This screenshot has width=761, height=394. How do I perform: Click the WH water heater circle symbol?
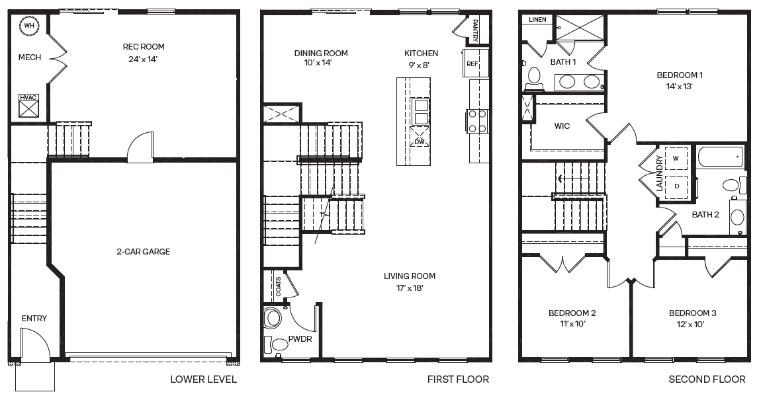(28, 26)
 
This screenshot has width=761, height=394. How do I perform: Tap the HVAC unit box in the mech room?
(28, 106)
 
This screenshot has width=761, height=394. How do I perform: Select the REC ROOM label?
(144, 47)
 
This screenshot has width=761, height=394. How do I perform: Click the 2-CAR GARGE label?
(143, 252)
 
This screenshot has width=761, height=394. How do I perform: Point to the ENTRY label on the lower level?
(34, 319)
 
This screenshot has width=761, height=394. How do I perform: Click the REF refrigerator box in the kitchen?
(472, 63)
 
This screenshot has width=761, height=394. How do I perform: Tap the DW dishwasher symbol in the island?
(420, 139)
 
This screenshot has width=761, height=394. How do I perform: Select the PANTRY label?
(474, 29)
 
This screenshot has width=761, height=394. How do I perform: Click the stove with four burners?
(478, 120)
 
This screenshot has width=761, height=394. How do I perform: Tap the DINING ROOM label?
(321, 54)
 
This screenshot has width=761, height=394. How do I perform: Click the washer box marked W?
(676, 159)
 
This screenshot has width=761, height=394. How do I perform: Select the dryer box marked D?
(676, 186)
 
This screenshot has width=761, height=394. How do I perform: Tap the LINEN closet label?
(537, 20)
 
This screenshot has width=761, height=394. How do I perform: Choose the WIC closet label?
(562, 126)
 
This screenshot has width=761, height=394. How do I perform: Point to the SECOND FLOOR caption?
(707, 379)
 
